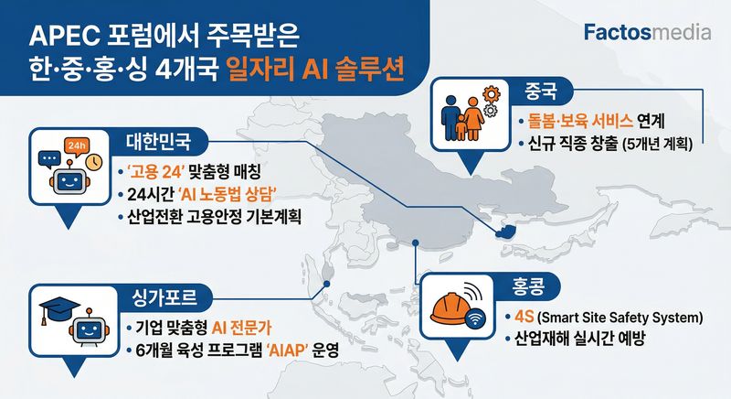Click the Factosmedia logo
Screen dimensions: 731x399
click(648, 33)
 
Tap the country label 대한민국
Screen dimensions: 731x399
click(158, 142)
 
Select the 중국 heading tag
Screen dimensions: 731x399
click(541, 91)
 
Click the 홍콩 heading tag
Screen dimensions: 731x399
click(528, 286)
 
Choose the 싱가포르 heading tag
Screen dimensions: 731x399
click(164, 297)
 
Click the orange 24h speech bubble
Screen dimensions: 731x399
click(77, 146)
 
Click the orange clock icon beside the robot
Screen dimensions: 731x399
click(94, 161)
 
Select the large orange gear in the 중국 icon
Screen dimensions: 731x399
click(491, 94)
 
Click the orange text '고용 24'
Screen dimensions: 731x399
click(156, 172)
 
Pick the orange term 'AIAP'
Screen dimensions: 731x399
click(288, 350)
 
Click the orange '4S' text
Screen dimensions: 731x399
click(524, 317)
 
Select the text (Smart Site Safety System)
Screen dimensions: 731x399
click(620, 318)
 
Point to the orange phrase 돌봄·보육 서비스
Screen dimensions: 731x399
click(580, 122)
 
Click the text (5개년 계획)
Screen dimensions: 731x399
click(657, 145)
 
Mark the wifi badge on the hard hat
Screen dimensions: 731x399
click(476, 320)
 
